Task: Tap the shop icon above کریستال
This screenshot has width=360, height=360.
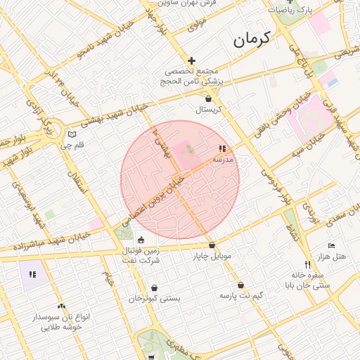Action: click(x=207, y=99)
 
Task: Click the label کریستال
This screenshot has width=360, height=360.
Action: click(x=208, y=110)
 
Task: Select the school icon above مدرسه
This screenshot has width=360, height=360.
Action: click(x=222, y=149)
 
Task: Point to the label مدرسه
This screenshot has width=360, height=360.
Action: click(x=223, y=160)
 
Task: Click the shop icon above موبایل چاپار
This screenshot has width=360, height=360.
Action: click(x=212, y=245)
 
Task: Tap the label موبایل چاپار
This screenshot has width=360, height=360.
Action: click(x=212, y=256)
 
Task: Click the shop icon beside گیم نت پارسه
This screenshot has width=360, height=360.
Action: click(x=242, y=285)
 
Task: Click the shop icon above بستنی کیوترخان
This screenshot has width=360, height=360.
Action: click(x=154, y=288)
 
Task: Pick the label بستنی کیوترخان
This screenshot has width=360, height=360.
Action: click(x=154, y=299)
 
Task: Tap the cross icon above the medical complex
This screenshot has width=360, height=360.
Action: click(x=191, y=61)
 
